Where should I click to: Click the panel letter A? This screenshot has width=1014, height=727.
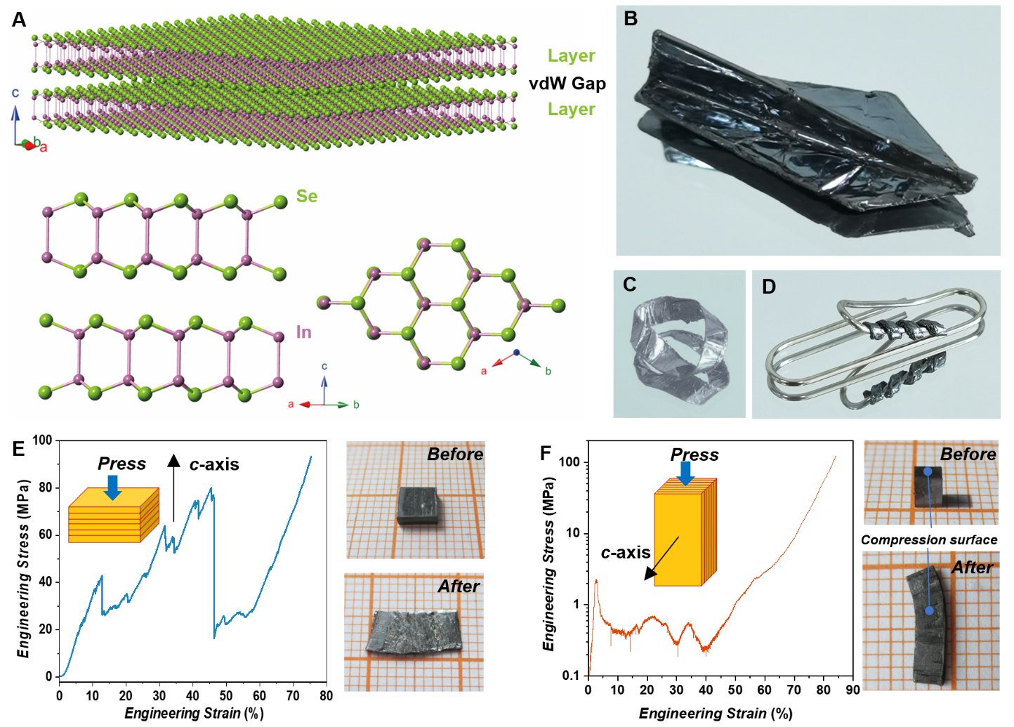coord(19,19)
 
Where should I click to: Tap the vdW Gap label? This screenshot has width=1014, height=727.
coord(567,84)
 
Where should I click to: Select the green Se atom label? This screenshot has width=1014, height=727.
coord(306,196)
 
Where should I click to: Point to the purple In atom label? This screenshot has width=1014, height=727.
coord(303,332)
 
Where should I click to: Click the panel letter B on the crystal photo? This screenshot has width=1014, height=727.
coord(631,19)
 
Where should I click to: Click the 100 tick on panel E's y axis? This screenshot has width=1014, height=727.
coord(42,440)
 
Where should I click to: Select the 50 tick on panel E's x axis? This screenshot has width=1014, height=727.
coord(226,695)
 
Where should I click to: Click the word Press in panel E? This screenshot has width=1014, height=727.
coord(121,464)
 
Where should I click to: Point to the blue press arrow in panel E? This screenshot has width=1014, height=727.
coord(112,487)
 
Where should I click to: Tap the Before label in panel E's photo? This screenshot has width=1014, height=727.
coord(454,454)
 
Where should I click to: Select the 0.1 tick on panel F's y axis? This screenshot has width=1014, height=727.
coord(570,676)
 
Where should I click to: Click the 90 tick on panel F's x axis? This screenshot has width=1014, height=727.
coord(852,690)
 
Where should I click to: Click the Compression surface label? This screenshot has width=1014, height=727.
coord(928,539)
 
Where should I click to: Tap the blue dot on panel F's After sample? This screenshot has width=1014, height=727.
coord(929,610)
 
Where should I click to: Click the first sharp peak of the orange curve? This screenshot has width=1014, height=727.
coord(596,580)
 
